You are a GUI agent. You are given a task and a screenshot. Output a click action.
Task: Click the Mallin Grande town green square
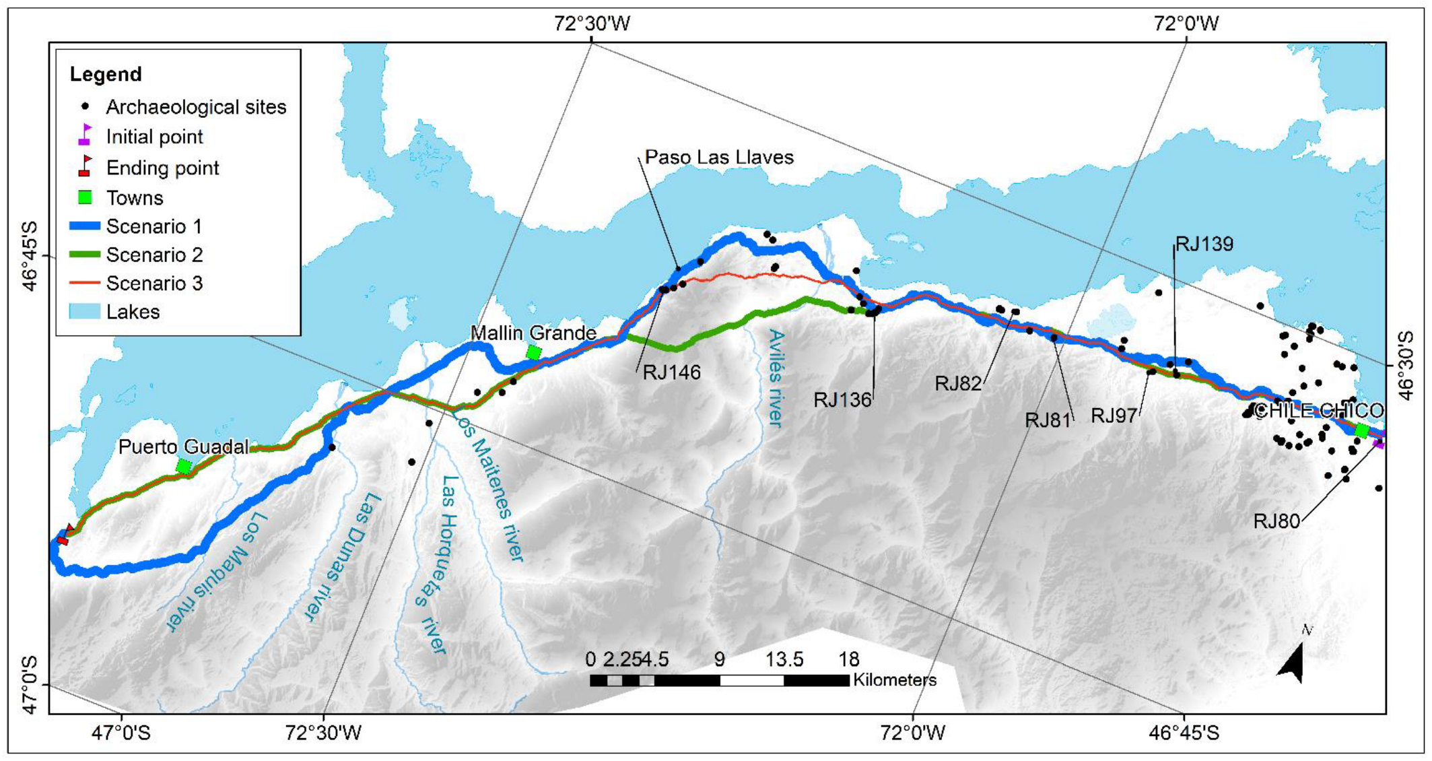click(533, 352)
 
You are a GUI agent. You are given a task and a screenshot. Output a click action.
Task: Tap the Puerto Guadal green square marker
click(183, 466)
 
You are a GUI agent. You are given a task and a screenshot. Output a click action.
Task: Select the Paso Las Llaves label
click(719, 158)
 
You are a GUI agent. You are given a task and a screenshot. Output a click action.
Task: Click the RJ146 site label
click(671, 372)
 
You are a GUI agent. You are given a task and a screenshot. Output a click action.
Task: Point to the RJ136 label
click(842, 400)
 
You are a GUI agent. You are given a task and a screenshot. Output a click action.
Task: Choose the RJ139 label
click(1204, 244)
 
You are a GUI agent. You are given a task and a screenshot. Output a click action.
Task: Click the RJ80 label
click(1276, 521)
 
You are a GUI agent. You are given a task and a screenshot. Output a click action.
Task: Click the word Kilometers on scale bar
click(894, 680)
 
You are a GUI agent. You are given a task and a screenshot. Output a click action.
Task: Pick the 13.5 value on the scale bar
click(784, 659)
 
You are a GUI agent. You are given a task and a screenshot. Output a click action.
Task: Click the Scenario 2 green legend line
click(85, 255)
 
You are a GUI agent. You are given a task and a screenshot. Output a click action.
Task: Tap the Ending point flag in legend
click(85, 166)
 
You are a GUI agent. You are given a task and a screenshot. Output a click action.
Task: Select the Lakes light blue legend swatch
click(85, 312)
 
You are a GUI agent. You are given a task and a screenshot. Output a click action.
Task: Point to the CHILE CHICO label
click(1318, 411)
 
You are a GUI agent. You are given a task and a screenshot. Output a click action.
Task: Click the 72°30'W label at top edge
click(592, 24)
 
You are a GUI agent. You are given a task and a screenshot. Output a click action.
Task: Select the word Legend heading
click(106, 74)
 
